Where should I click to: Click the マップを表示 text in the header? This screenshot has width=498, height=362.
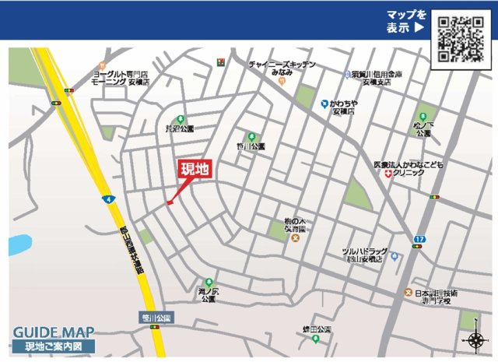407,21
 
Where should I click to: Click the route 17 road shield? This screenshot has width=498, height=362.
420,237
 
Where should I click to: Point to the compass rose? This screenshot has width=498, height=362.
474,339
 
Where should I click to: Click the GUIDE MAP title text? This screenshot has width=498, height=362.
54,330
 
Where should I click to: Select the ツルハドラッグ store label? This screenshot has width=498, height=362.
363,255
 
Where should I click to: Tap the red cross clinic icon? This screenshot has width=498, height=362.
388,173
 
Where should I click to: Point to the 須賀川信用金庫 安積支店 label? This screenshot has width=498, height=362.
377,78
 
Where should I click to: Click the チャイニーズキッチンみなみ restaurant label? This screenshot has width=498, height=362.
282,68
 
